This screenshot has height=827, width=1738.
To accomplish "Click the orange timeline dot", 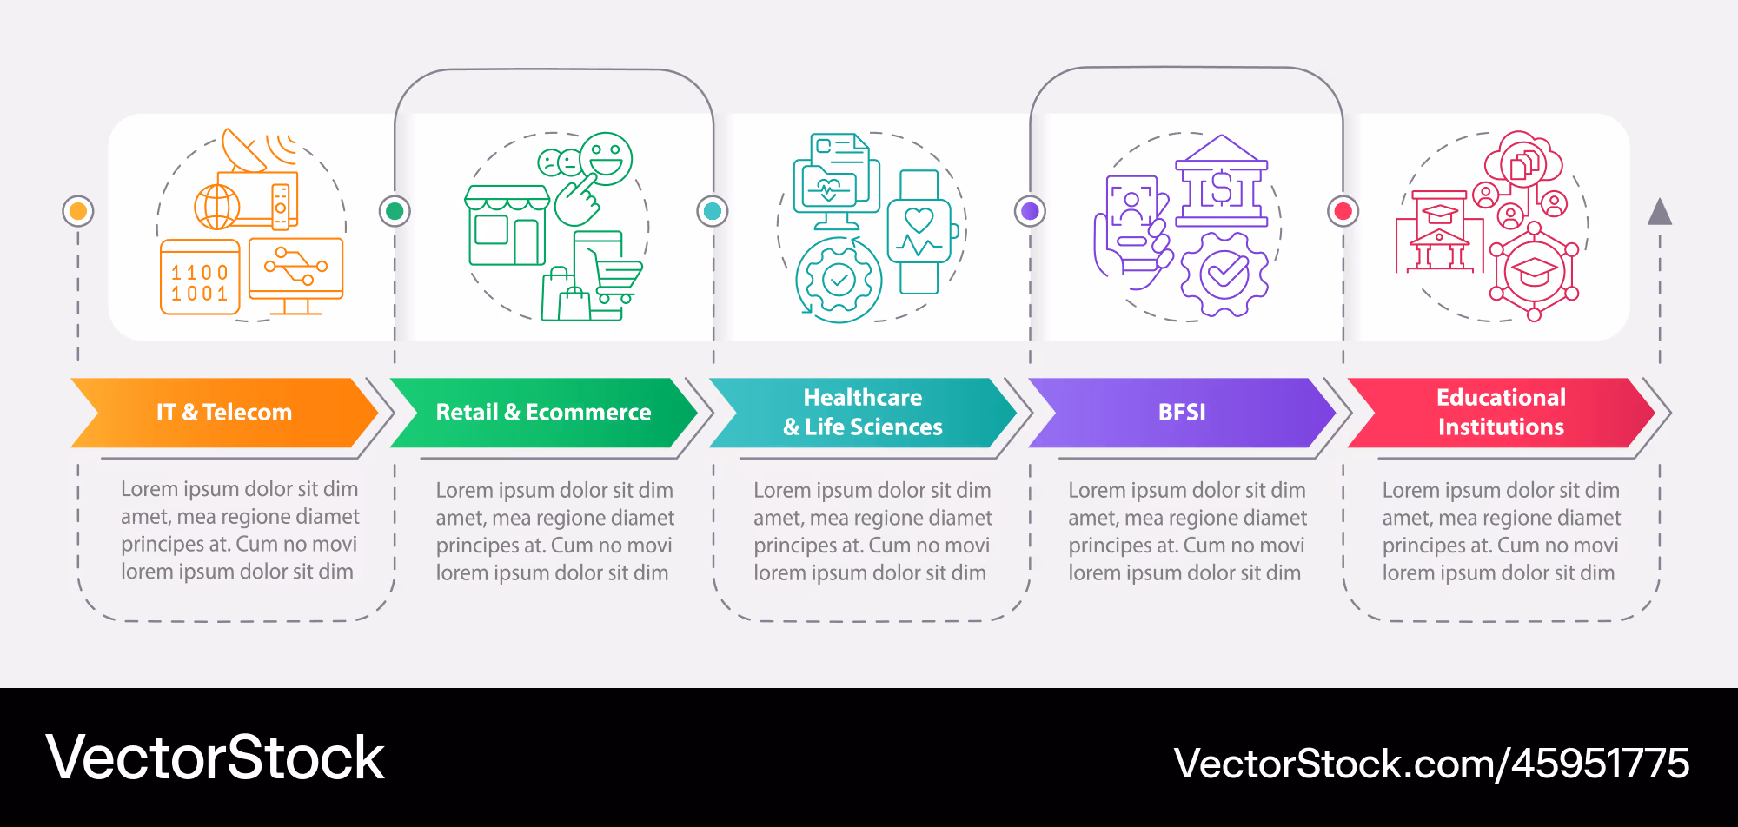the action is tap(78, 211).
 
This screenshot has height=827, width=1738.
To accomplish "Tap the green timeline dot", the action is tap(395, 211).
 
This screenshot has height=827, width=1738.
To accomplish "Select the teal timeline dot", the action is tap(713, 211).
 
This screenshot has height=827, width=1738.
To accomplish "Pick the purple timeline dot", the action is tap(1031, 211).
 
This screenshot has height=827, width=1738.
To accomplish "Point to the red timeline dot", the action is tap(1343, 211).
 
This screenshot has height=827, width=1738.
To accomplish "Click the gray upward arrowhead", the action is tap(1660, 212).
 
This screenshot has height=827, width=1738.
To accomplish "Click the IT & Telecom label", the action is tap(224, 412).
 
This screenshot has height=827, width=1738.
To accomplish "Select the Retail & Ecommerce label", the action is tap(543, 412).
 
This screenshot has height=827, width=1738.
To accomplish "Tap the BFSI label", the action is tap(1182, 412).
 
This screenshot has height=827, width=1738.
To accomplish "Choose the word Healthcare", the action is tap(863, 397).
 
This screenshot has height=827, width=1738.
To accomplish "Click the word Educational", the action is tap(1501, 397).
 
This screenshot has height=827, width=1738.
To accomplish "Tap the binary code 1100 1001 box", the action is tap(200, 277).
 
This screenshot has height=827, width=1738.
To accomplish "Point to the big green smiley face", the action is tap(606, 159).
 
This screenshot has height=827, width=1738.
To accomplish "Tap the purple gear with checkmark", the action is tap(1224, 275).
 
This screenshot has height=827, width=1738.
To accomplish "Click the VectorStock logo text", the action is tap(215, 758).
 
